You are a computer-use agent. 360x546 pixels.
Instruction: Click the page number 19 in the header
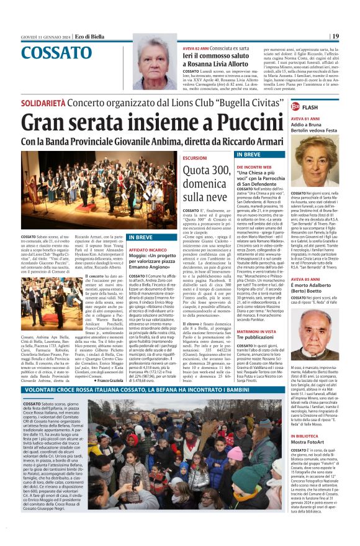pos(335,37)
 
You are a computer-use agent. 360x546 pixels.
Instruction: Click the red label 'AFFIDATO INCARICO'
pos(147,249)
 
